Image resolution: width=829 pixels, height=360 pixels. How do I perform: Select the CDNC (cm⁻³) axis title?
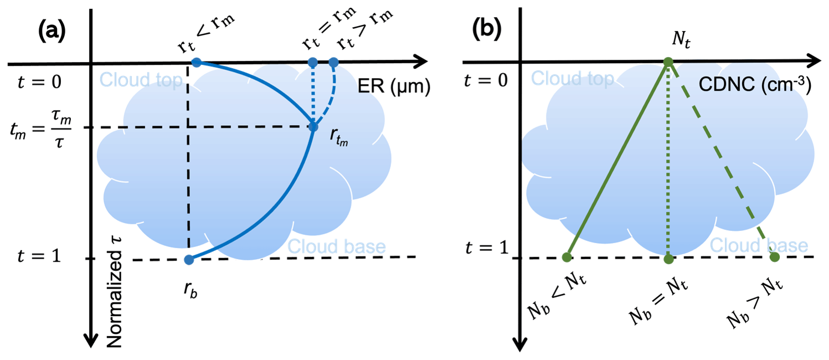pos(757,86)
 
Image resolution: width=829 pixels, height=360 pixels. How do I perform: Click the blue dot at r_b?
pos(189,259)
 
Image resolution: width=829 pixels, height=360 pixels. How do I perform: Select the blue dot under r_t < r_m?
pos(196,62)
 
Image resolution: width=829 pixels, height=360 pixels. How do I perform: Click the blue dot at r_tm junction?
pos(313,127)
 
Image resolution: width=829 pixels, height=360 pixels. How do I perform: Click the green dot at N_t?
pos(668,62)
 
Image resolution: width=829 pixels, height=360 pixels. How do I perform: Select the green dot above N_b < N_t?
pos(567,257)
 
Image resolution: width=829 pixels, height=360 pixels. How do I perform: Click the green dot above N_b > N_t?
pos(774,257)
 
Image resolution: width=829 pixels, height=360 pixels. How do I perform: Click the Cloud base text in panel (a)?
pos(336,246)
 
